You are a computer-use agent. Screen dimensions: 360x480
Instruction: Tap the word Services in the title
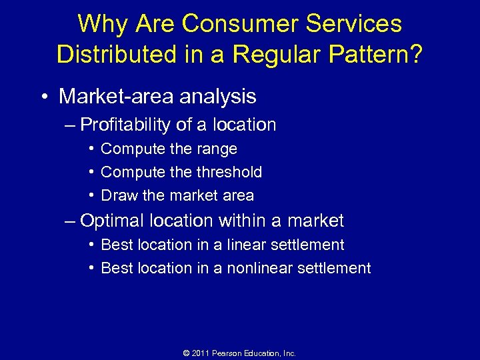pos(355,24)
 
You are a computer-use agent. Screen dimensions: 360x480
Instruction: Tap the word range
pos(217,149)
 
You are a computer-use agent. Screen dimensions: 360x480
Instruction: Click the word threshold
pos(228,172)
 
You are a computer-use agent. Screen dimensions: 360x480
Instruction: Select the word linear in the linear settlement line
pos(247,245)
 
